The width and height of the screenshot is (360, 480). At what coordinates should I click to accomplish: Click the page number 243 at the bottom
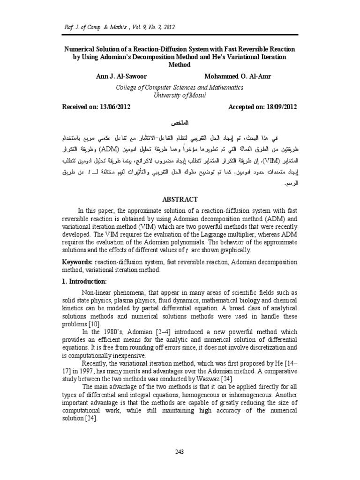180,451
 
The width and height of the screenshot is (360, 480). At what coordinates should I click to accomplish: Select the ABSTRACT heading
180,198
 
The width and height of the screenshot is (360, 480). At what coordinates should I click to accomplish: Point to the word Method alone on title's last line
180,64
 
